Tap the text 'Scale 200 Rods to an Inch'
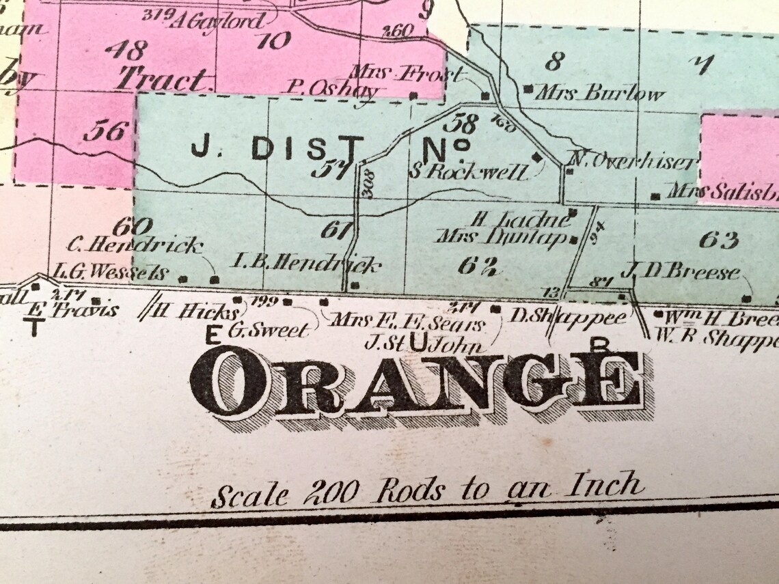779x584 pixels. point(426,490)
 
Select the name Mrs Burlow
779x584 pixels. point(599,94)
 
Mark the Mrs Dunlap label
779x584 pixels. point(502,238)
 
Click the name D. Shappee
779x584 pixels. point(569,316)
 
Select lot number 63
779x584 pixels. point(718,240)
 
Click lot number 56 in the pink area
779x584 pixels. point(106,130)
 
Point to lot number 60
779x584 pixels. point(131,225)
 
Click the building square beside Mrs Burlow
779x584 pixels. point(528,89)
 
